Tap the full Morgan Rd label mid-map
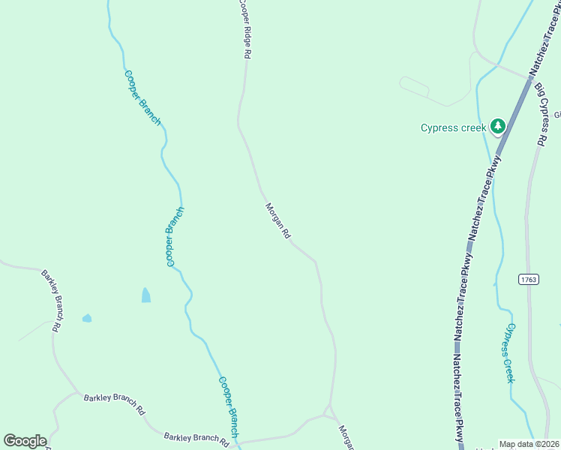(277, 221)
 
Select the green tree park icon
(496, 126)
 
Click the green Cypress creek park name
(454, 127)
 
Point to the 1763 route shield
(528, 279)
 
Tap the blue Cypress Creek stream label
(509, 352)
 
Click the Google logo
(25, 441)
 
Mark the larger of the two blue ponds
(145, 295)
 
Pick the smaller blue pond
(87, 318)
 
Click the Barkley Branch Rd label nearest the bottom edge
(196, 438)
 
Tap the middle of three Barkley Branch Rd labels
(114, 403)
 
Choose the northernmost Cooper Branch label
(142, 97)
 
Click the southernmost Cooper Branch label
(228, 407)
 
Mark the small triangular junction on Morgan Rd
(327, 410)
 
